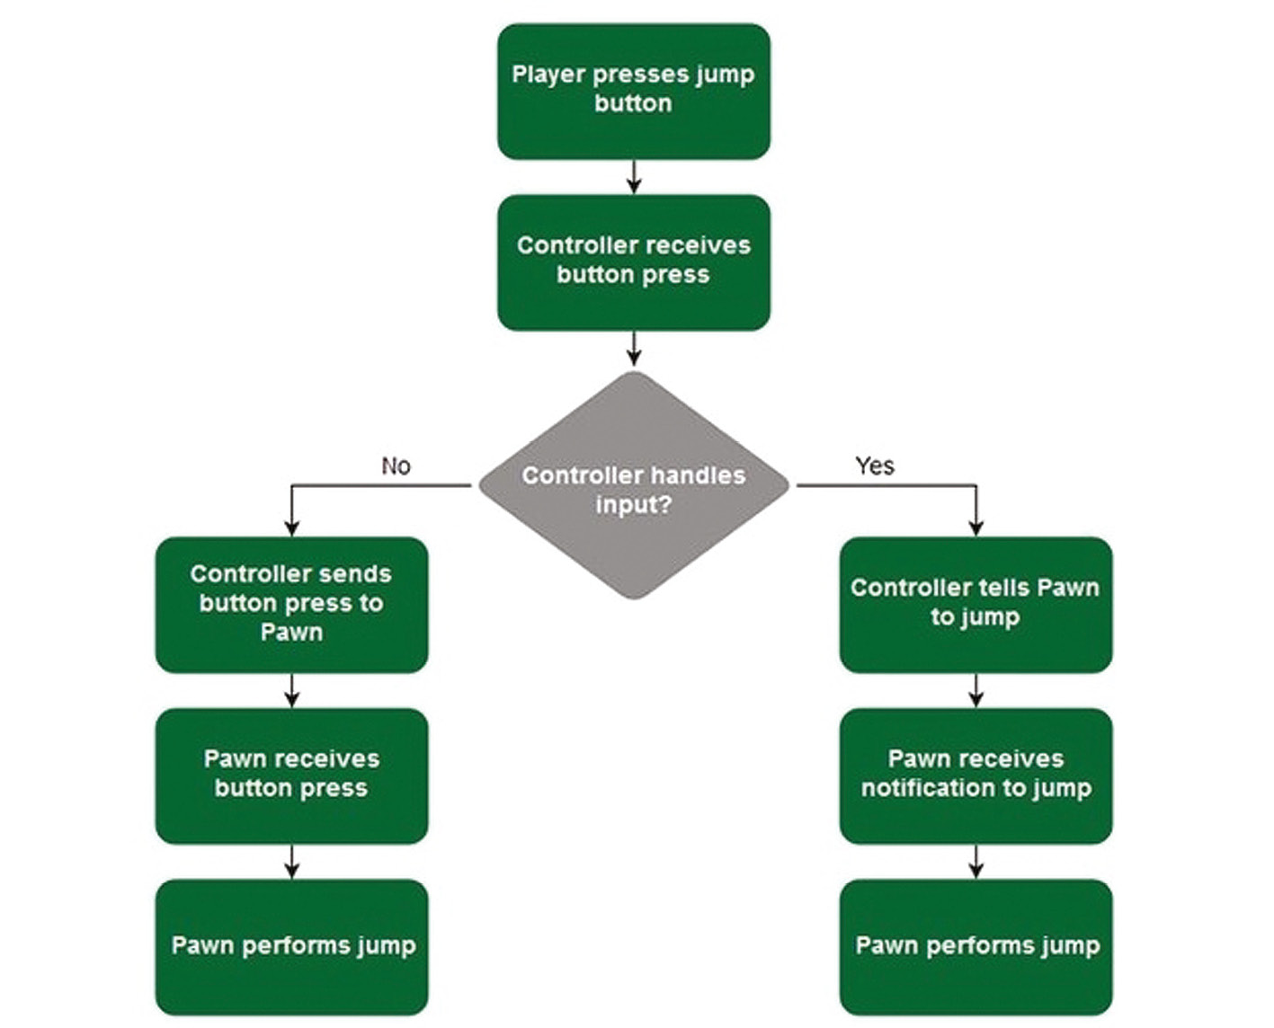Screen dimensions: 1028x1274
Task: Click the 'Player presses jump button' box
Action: (633, 92)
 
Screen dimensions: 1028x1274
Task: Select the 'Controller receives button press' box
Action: (633, 262)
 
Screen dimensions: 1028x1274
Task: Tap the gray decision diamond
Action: (633, 485)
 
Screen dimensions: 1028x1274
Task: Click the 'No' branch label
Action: (396, 465)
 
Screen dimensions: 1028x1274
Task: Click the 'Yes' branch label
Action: (874, 465)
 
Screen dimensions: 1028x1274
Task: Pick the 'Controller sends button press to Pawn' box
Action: (291, 604)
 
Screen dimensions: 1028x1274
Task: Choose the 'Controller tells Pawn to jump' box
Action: (976, 604)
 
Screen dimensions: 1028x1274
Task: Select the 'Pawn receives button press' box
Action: (291, 775)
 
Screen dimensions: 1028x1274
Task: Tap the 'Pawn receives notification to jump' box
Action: (976, 775)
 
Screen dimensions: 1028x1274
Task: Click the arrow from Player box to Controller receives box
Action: (634, 177)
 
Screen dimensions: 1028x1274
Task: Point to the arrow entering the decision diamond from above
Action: (634, 349)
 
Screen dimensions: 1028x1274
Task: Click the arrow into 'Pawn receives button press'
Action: (291, 690)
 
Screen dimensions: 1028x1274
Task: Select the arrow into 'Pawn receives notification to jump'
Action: (976, 690)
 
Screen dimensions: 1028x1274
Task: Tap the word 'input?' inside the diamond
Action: (633, 505)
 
